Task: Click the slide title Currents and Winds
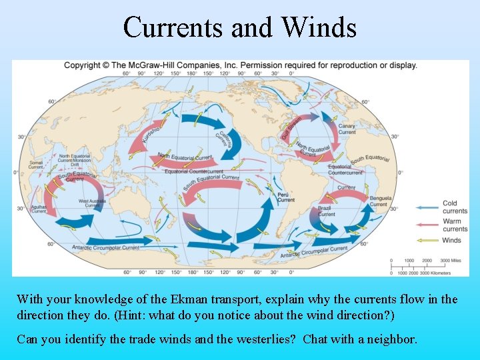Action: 240,27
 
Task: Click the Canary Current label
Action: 347,129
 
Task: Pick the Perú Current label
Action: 285,197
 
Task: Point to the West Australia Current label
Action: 93,203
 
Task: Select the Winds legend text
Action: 451,240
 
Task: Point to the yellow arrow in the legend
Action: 427,240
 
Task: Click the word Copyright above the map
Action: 82,65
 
